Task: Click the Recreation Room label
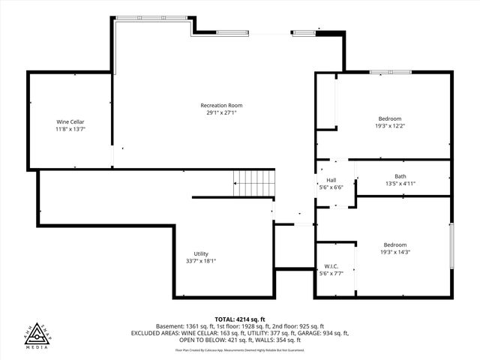(x=221, y=105)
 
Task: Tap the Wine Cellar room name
(x=70, y=121)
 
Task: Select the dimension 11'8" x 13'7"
(x=70, y=129)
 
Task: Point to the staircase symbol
(x=254, y=181)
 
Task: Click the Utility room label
(x=201, y=253)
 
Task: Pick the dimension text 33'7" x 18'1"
(x=201, y=261)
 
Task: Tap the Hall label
(x=331, y=180)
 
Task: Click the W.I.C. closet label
(x=331, y=266)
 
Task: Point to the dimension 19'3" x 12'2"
(x=390, y=126)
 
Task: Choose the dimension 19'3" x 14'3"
(x=395, y=252)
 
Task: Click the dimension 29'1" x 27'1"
(x=221, y=112)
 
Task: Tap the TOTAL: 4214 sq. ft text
(x=240, y=319)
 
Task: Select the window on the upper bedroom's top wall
(x=390, y=72)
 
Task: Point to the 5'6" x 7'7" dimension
(x=331, y=274)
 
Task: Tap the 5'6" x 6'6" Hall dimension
(x=331, y=187)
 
